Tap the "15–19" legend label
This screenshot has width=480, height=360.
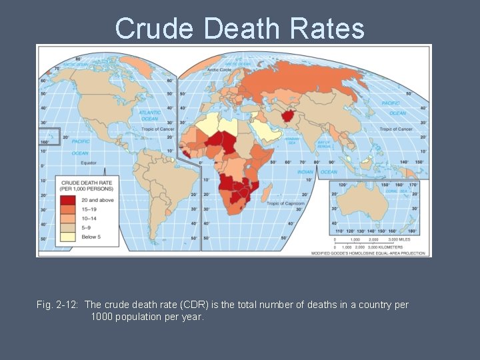tap(89, 208)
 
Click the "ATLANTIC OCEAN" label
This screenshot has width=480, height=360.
tap(149, 116)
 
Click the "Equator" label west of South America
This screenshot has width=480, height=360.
tap(89, 162)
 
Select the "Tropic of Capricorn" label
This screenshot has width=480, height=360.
tap(285, 203)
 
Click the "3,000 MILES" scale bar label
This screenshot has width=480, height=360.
tap(404, 239)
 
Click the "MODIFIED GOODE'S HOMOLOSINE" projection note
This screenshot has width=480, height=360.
tap(370, 253)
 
